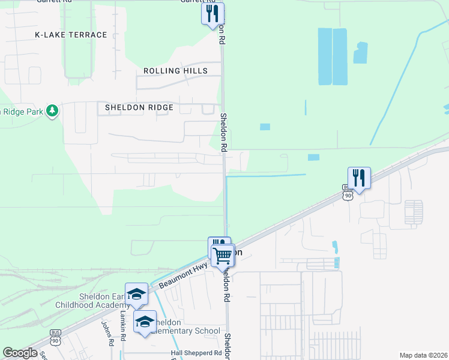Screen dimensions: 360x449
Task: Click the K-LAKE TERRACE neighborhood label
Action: click(71, 35)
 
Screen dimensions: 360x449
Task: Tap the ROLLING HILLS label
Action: click(175, 71)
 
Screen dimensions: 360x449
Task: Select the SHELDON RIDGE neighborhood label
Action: click(139, 107)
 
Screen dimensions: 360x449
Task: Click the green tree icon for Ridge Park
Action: click(53, 110)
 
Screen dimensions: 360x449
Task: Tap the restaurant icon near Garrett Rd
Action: click(212, 14)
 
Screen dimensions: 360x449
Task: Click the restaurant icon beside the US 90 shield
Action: click(359, 178)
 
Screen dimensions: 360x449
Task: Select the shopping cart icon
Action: click(223, 256)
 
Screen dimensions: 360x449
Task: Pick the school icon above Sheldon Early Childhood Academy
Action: click(136, 295)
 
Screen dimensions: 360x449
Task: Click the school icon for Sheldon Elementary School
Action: click(145, 322)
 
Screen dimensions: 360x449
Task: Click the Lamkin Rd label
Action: click(122, 324)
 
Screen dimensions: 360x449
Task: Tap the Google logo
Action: click(20, 353)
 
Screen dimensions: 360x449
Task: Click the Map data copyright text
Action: click(423, 355)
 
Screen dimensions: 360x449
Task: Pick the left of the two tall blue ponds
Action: click(325, 56)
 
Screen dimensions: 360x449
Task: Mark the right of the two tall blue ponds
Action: click(340, 56)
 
